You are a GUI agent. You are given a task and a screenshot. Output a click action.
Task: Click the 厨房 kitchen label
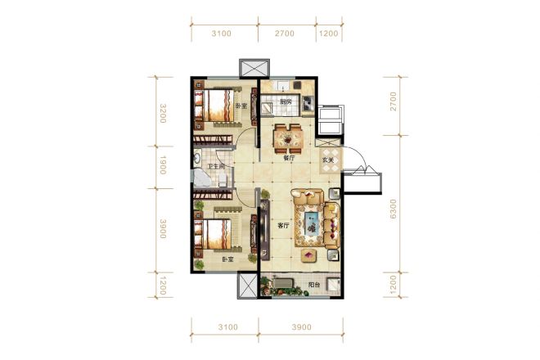point(286,101)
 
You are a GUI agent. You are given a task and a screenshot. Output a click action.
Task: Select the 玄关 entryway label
point(328,160)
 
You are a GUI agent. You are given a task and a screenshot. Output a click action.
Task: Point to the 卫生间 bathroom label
point(216,166)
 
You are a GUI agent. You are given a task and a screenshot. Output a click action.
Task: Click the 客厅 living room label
point(283,226)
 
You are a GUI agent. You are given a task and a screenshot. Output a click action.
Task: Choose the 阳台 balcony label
point(314,285)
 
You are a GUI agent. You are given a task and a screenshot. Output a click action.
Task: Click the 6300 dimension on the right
point(394,209)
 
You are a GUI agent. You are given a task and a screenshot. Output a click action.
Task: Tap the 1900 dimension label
point(164,165)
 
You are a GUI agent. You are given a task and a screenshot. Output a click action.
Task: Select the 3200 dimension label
point(164,114)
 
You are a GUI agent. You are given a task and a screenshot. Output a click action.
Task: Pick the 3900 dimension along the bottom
point(302,327)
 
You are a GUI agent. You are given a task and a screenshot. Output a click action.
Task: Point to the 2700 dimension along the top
point(285,34)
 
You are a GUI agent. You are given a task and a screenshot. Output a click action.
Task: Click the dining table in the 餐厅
point(289,139)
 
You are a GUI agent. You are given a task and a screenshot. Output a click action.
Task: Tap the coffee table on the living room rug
point(311,223)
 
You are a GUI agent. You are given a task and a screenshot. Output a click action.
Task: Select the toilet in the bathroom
point(223,179)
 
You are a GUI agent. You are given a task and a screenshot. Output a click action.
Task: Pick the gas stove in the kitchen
point(308,101)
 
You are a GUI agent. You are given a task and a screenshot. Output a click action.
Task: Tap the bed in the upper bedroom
point(214,105)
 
